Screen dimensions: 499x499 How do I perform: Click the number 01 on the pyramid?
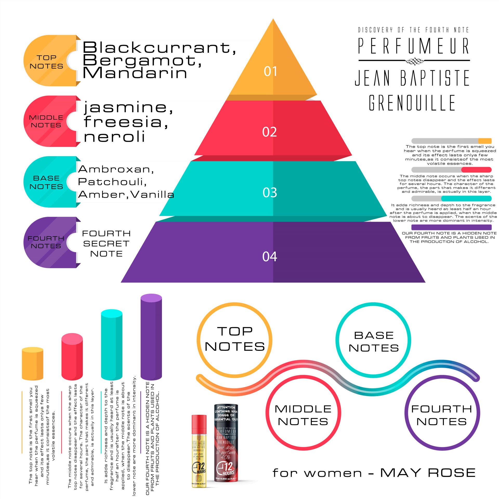click(270, 71)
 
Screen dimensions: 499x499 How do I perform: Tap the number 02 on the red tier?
click(270, 132)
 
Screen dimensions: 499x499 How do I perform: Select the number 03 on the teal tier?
click(270, 193)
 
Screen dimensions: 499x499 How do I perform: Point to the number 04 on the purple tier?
click(270, 257)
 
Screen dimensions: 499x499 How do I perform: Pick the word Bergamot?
click(142, 60)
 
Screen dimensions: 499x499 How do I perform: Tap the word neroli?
click(114, 137)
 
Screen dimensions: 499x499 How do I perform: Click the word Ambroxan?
click(116, 169)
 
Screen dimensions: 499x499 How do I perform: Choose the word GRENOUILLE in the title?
click(412, 103)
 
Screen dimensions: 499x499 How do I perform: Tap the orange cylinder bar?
click(32, 364)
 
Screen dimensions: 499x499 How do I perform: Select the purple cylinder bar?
click(151, 337)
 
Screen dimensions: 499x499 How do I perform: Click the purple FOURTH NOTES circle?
click(442, 413)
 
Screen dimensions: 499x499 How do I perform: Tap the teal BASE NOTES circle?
click(373, 340)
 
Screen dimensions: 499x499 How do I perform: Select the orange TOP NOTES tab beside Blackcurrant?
click(47, 61)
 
